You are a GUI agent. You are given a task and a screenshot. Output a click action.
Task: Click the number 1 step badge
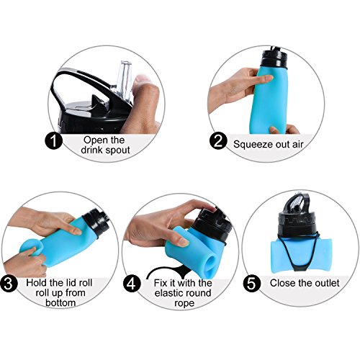point(54,140)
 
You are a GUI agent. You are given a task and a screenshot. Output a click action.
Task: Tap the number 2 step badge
point(218,141)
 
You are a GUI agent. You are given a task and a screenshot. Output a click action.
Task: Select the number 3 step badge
point(9,284)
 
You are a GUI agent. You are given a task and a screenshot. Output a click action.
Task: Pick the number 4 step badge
point(132,284)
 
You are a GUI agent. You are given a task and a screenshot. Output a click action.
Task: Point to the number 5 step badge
point(252,284)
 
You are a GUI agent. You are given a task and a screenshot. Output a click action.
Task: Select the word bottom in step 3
point(60,302)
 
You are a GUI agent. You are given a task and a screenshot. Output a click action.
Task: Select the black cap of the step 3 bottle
point(97,222)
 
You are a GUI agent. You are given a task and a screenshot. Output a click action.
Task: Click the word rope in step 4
point(184,303)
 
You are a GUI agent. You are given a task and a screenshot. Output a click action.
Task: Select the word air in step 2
point(298,145)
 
